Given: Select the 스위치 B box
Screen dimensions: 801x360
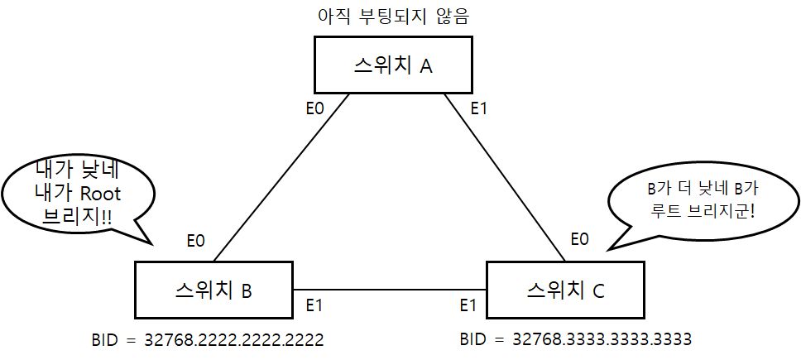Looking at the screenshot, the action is coord(213,290).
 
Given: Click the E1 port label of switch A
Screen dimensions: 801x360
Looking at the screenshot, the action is coord(480,107).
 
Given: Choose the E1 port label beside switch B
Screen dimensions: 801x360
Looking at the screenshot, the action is coord(314,305).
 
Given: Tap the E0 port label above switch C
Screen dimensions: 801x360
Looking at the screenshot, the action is coord(580,241).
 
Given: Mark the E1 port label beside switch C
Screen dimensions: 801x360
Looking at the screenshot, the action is coord(468,305).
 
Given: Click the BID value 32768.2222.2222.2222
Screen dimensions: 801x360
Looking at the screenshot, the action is coord(209,339).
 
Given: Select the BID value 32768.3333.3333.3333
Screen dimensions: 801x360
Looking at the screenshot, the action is coord(575,339).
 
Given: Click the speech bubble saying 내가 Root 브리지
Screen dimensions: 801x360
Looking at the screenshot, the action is coord(79,195).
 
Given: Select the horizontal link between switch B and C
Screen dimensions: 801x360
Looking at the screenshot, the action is coord(389,290).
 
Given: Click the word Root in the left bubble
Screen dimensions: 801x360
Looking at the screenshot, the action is coord(99,194).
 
